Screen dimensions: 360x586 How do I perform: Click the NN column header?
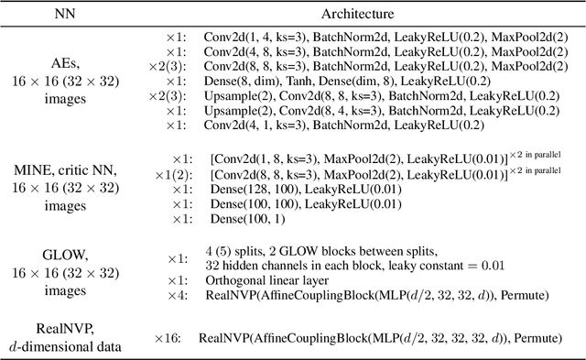tap(67, 15)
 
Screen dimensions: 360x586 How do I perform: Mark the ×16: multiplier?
tap(173, 338)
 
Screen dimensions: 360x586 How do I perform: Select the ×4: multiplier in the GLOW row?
tap(177, 295)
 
